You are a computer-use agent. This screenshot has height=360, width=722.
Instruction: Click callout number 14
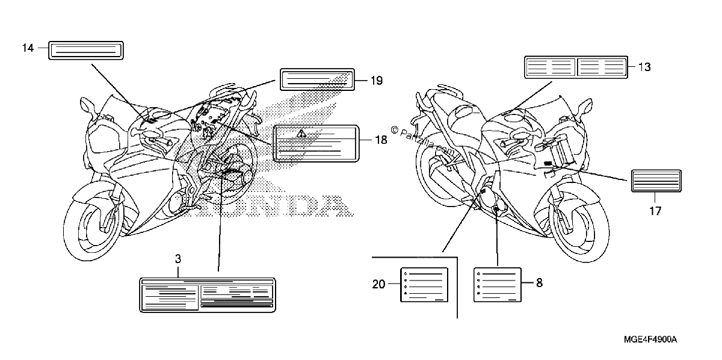pyautogui.click(x=28, y=48)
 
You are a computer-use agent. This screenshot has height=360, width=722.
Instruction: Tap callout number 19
pyautogui.click(x=377, y=81)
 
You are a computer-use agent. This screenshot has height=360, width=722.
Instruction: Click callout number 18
pyautogui.click(x=381, y=140)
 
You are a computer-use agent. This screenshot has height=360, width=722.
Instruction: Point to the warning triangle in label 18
pyautogui.click(x=301, y=133)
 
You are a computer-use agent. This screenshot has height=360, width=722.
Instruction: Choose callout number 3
pyautogui.click(x=178, y=259)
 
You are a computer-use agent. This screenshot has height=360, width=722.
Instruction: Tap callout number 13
pyautogui.click(x=644, y=67)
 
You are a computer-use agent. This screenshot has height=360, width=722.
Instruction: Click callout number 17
pyautogui.click(x=655, y=211)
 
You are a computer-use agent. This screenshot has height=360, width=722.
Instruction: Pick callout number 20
pyautogui.click(x=378, y=284)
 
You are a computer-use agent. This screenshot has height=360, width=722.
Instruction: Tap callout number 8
pyautogui.click(x=539, y=283)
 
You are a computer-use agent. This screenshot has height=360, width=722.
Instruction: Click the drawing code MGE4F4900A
pyautogui.click(x=650, y=340)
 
